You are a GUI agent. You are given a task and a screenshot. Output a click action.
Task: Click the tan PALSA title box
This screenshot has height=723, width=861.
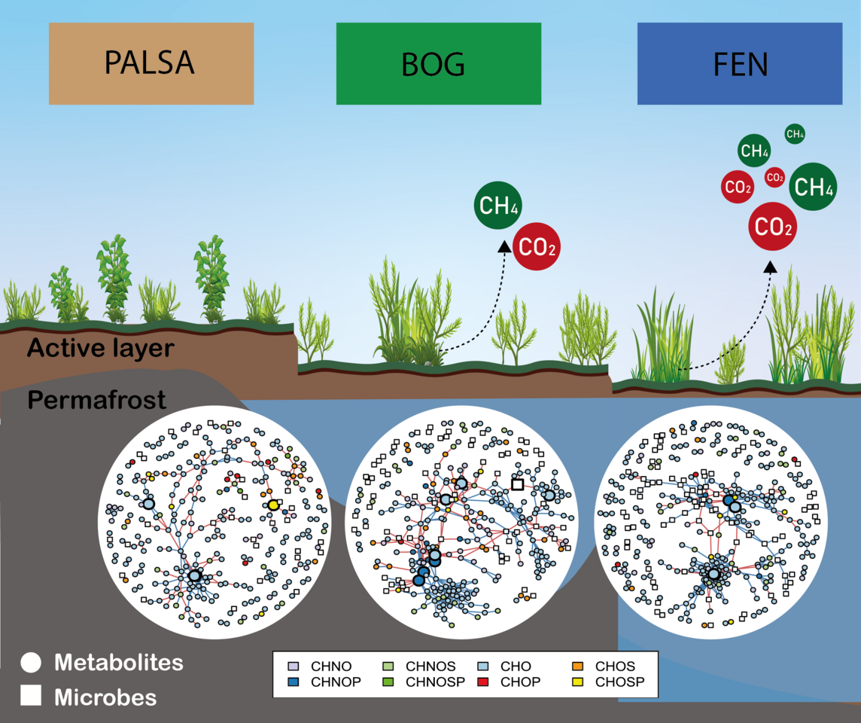[151, 63]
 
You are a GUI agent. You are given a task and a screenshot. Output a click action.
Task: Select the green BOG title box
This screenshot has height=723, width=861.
[438, 63]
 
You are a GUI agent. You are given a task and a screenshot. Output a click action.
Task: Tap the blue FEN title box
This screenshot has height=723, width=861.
[739, 63]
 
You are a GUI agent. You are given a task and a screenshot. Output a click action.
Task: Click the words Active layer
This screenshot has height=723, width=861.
[101, 349]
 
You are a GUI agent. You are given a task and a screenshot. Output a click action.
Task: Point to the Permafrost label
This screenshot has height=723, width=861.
[96, 400]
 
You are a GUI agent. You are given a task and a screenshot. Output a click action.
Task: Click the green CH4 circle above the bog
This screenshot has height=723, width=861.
[498, 206]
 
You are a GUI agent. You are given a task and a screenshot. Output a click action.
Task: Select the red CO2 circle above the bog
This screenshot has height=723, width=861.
[537, 246]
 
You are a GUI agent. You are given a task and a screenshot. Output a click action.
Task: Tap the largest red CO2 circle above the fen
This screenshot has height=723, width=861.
[774, 226]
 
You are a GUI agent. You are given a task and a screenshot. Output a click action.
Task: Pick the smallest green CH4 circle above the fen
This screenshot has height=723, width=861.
[795, 134]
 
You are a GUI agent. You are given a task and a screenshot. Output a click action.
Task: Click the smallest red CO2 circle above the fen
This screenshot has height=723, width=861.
[774, 178]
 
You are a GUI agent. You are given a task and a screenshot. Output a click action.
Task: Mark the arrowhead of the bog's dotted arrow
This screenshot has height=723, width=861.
[504, 245]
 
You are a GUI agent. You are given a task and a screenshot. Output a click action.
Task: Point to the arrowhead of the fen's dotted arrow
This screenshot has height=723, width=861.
[770, 266]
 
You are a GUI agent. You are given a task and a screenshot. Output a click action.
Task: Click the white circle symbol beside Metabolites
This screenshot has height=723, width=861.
[31, 663]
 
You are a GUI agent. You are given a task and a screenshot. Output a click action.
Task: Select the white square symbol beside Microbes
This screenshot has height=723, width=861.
[31, 697]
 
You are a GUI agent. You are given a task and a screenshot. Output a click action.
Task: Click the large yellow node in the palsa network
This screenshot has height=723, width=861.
[272, 505]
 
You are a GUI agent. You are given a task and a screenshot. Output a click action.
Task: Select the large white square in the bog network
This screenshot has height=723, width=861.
[517, 484]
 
